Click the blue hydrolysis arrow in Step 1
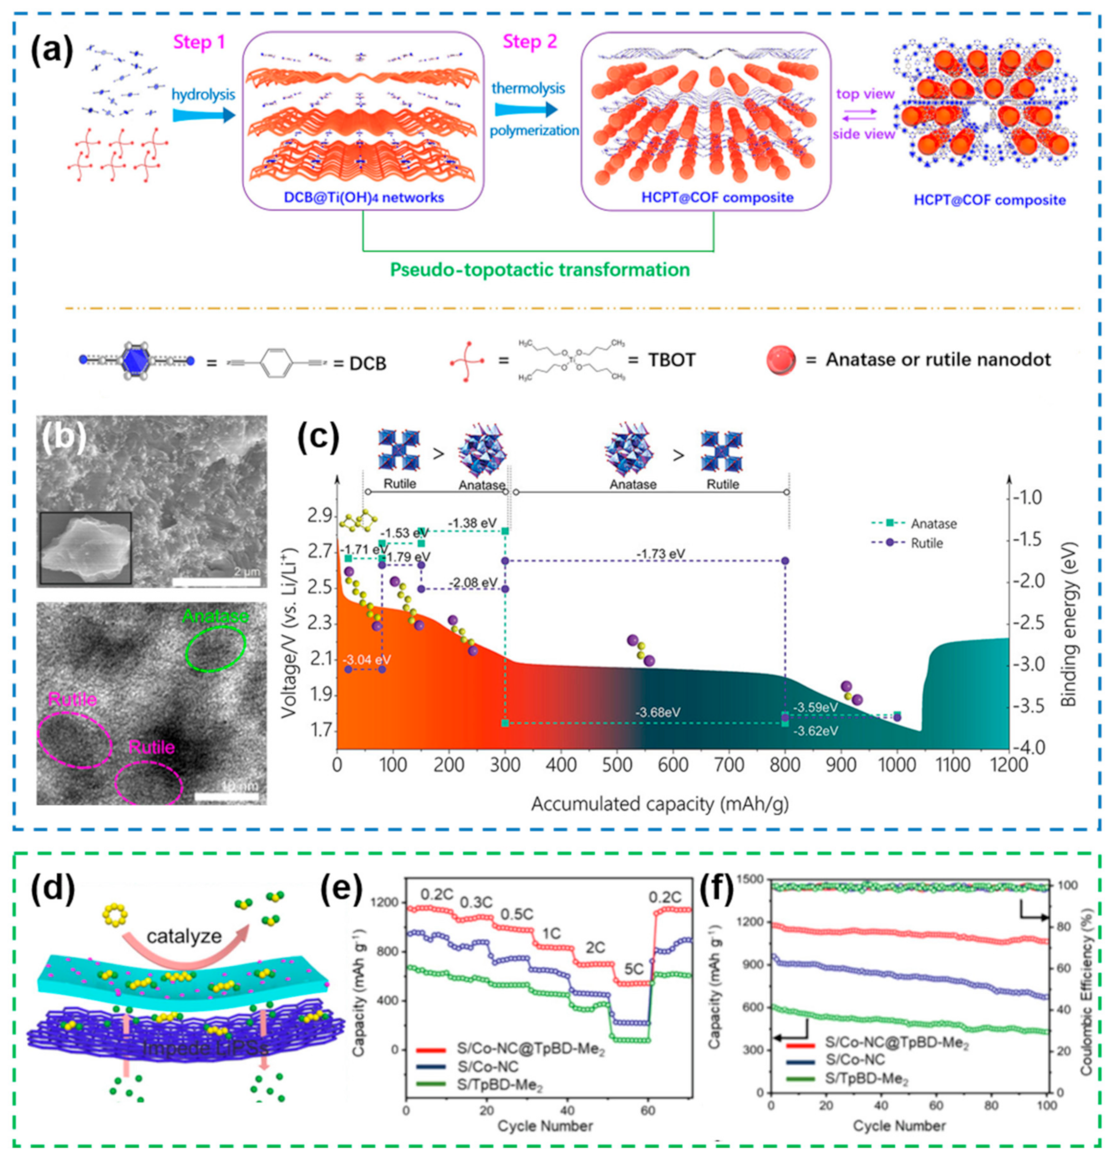tap(203, 114)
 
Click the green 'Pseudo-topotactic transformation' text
tap(540, 270)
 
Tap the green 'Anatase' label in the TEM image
tap(215, 617)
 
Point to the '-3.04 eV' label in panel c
tap(367, 659)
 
